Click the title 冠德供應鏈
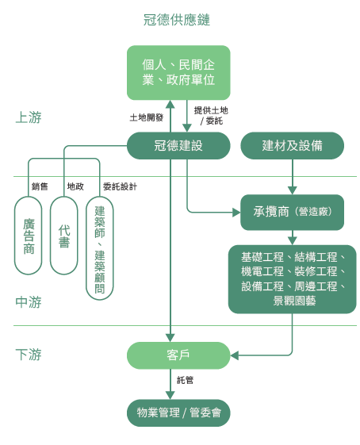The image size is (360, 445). pos(177,20)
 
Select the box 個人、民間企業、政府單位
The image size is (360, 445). pos(178,73)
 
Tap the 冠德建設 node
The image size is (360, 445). pos(178,146)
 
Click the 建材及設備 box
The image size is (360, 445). pos(292,146)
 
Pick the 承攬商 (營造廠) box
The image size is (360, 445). pos(292,212)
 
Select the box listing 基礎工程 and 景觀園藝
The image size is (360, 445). pos(292,279)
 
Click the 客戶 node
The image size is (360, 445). pos(178,355)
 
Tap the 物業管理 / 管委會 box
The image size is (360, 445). pos(178,412)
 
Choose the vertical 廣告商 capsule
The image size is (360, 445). pos(29,236)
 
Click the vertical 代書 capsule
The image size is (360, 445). pos(63,236)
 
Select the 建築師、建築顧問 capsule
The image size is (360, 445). pos(100,248)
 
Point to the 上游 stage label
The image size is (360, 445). pos(29,117)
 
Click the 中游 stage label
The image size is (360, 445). pos(29,302)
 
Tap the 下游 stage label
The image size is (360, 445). pos(29,355)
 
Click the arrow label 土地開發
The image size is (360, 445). pos(147,117)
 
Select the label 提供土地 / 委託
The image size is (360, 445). pos(211,116)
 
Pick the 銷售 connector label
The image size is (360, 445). pos(40,186)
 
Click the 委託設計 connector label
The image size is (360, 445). pos(120,186)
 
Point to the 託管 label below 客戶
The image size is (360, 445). pos(185,380)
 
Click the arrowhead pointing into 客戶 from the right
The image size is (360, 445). pos(235,355)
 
